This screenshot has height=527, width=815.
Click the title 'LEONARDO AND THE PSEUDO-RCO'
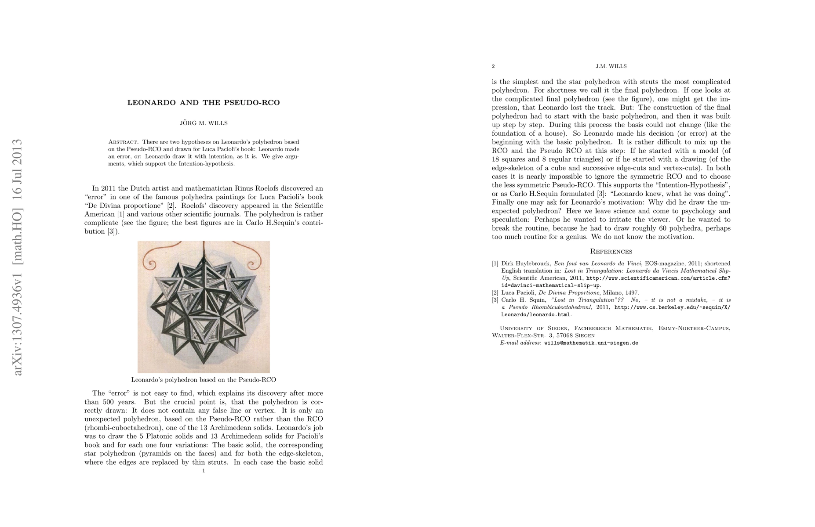[204, 103]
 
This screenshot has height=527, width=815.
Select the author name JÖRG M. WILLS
[204, 123]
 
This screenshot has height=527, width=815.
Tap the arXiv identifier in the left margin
[17, 257]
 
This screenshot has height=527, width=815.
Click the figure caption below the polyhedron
[204, 379]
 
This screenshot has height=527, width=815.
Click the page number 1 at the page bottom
[204, 471]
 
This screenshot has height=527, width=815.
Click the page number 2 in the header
[493, 66]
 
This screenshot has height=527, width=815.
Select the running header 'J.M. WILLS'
[611, 66]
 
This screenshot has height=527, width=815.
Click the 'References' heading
[611, 252]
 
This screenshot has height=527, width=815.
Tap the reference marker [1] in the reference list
[495, 263]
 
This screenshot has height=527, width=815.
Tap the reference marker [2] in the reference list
[495, 292]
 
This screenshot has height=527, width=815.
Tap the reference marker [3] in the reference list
[495, 300]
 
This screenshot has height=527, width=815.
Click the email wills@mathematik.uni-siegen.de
[591, 343]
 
